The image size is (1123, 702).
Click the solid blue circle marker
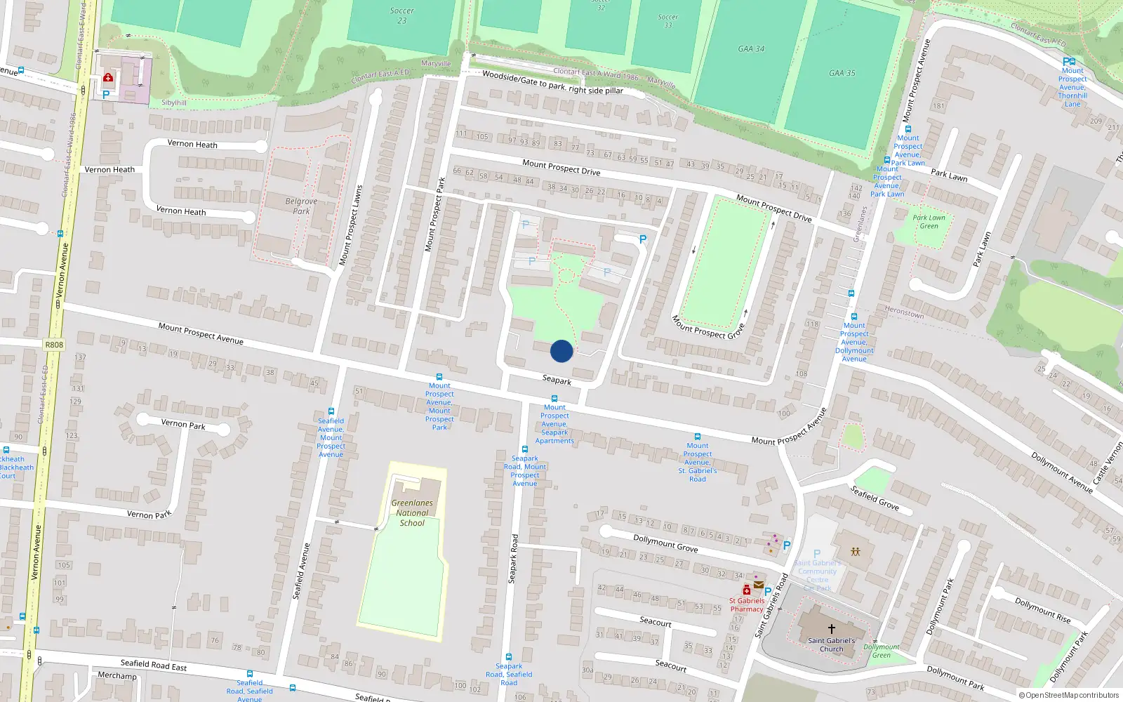click(x=561, y=351)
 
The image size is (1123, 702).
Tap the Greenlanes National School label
click(x=412, y=513)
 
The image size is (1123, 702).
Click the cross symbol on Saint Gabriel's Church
click(x=832, y=629)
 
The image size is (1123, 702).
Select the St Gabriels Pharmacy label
click(x=747, y=605)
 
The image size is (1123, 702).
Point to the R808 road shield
click(x=54, y=345)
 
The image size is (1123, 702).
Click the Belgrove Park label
click(x=301, y=206)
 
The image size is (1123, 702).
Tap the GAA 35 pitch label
click(x=842, y=73)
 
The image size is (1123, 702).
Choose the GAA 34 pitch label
click(x=751, y=48)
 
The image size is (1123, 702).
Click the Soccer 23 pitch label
click(x=402, y=15)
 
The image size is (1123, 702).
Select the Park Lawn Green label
click(x=929, y=222)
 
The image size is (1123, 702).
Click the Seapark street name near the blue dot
click(x=557, y=380)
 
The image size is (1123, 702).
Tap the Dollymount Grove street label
click(x=665, y=543)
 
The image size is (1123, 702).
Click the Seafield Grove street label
click(x=875, y=498)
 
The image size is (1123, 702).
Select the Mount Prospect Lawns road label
click(x=351, y=225)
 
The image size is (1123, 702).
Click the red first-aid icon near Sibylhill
click(x=108, y=77)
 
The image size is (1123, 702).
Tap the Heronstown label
click(x=904, y=312)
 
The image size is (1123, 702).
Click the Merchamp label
click(x=117, y=676)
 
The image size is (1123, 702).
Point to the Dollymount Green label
click(x=882, y=651)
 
